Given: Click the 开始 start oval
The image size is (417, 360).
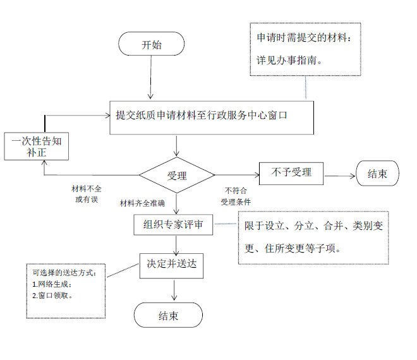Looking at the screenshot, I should pos(152,45).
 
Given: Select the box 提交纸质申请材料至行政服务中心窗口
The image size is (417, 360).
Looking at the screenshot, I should pos(210,117).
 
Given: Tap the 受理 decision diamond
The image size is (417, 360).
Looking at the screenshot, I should pos(177,176).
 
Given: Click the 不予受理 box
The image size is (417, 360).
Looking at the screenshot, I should pos(291,172).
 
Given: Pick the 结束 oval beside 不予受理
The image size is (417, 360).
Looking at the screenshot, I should pos(378,174).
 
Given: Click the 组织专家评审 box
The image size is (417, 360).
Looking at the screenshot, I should pos(173,224).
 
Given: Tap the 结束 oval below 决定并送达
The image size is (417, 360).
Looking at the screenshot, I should pos(168,315).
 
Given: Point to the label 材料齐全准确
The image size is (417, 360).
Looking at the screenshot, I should pos(143,203).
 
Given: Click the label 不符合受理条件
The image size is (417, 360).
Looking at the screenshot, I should pos(236,196).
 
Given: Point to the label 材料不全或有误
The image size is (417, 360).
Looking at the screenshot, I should pos(87,194).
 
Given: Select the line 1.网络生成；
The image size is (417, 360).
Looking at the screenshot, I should pos(53,284).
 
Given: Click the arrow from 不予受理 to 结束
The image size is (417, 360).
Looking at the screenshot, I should pos(340,175).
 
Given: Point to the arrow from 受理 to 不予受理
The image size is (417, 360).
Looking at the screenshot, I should pos(237,175).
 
